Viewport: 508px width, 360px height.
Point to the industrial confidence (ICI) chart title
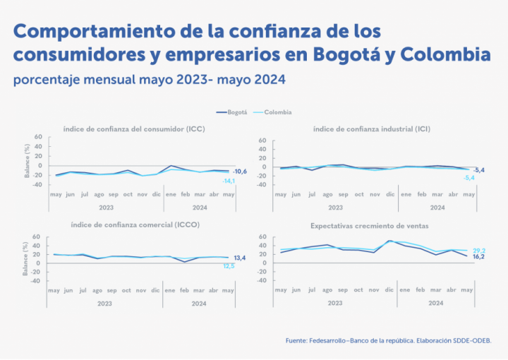pos(372,129)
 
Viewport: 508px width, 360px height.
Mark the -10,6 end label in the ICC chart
pos(239,172)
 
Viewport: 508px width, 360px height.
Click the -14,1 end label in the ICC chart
pos(229,181)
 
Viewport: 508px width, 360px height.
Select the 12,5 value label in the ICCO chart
pos(229,266)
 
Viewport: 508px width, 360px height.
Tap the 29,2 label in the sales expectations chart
pos(478,251)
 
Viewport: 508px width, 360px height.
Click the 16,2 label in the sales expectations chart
pos(478,257)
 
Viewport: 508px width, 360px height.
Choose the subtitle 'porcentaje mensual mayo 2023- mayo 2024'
pos(149,80)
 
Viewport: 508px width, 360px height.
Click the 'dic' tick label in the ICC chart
pos(157,193)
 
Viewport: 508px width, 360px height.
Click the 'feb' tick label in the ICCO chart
pos(186,289)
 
